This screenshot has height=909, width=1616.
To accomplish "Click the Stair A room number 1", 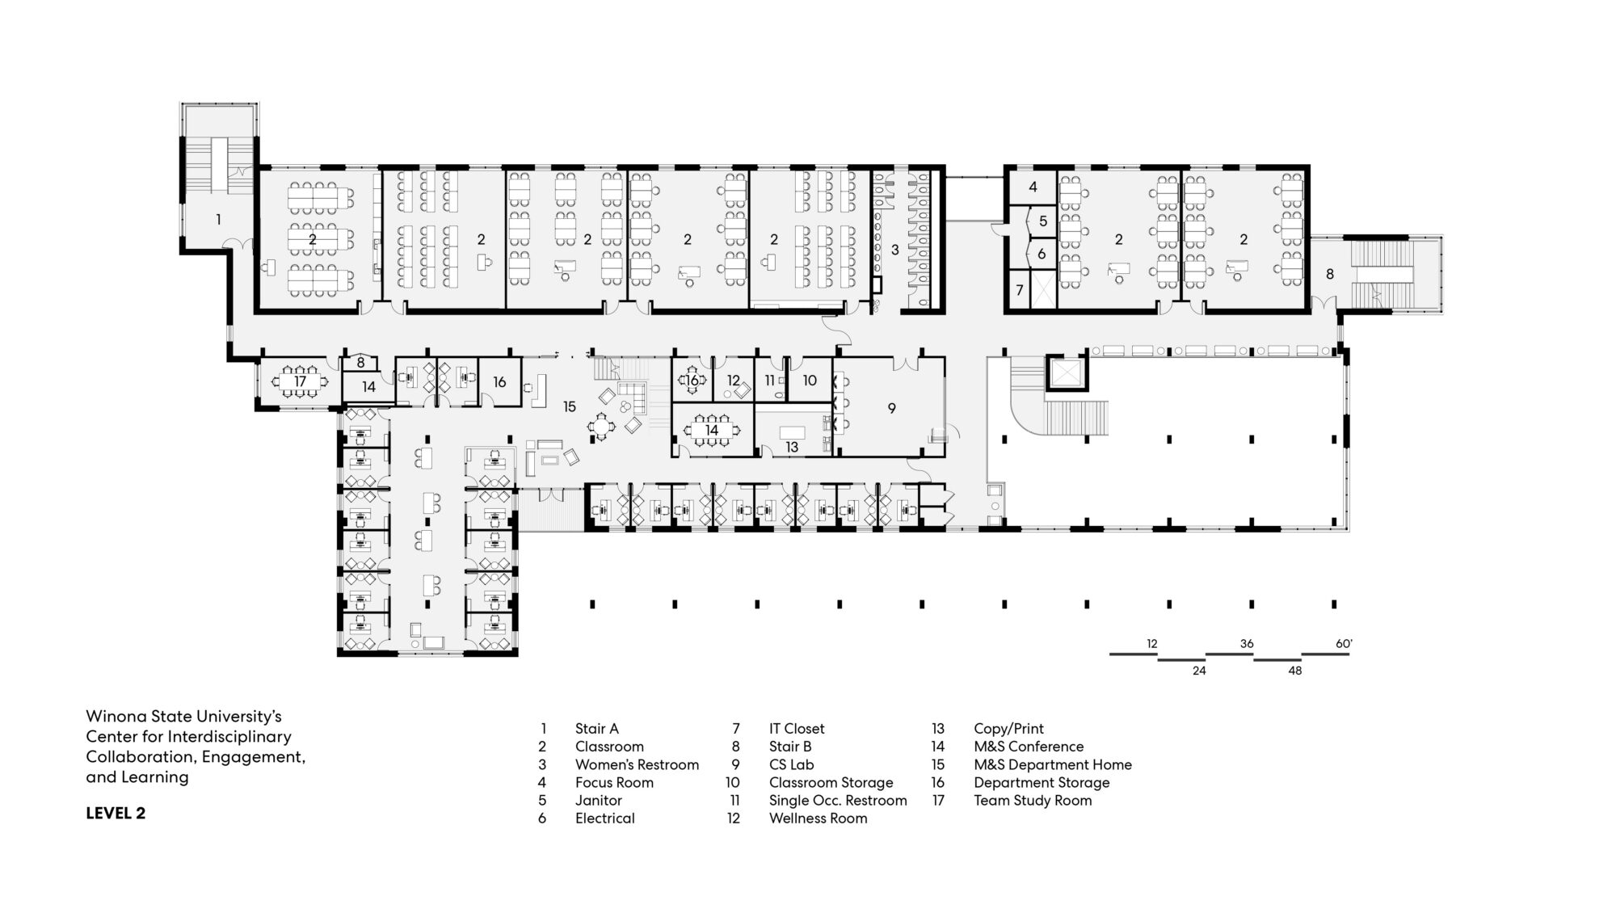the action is (218, 219).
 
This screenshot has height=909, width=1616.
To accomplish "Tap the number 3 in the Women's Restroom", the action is (895, 250).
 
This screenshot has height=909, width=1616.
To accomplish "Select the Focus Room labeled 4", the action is (1033, 187).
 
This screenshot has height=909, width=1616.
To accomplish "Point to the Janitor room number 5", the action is (1043, 221).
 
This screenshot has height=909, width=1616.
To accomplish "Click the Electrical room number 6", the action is (1042, 254).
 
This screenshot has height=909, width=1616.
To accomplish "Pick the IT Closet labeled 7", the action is (1020, 290).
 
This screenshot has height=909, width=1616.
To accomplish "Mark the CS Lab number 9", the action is (892, 409).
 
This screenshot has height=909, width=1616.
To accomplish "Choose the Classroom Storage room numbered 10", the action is (810, 381).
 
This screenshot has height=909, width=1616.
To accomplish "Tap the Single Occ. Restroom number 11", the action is (769, 381).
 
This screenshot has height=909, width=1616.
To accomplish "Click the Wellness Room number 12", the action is (734, 381).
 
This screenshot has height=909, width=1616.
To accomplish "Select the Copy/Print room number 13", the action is (792, 447).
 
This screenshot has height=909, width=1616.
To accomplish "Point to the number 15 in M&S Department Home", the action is (570, 406).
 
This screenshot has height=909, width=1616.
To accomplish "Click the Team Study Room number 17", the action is (301, 381).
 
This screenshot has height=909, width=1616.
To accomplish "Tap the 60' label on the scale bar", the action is (1344, 644).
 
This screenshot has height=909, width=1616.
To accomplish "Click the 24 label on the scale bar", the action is (1199, 671).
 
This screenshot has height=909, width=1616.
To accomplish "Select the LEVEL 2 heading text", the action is (116, 814).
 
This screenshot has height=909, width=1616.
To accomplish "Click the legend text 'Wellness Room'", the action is (818, 819).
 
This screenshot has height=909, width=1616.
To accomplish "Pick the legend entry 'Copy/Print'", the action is (1008, 730).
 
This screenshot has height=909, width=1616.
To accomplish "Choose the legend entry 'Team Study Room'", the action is (1033, 801).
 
